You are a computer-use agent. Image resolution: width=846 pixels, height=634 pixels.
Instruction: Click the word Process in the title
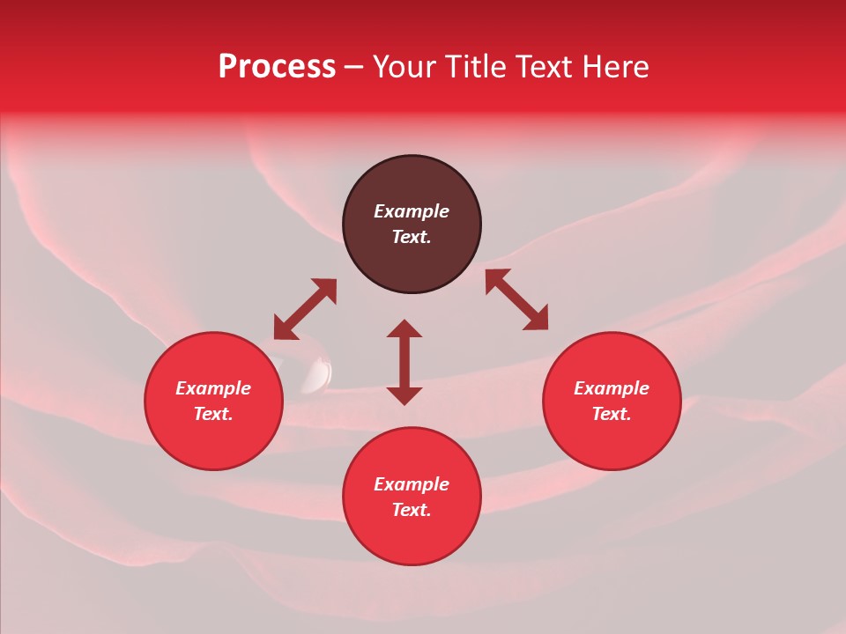point(277,67)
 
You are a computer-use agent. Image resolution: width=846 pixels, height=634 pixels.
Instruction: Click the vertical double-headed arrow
point(404,362)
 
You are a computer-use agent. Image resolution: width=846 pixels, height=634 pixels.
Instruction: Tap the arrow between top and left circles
point(305,309)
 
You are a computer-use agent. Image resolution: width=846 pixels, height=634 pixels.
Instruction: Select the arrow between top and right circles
point(516,299)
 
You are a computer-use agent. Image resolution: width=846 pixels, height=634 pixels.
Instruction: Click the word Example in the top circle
point(412,211)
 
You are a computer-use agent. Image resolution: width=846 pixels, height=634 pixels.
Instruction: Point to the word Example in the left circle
point(213,388)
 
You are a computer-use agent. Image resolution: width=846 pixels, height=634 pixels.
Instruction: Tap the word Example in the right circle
point(612,388)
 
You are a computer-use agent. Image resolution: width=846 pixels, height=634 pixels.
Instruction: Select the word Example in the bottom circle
point(412,484)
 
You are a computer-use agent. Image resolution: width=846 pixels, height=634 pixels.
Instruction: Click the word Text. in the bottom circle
point(412,510)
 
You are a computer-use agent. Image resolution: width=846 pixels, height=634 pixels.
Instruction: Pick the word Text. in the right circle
point(612,414)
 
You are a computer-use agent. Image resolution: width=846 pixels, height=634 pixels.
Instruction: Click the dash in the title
point(353,68)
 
